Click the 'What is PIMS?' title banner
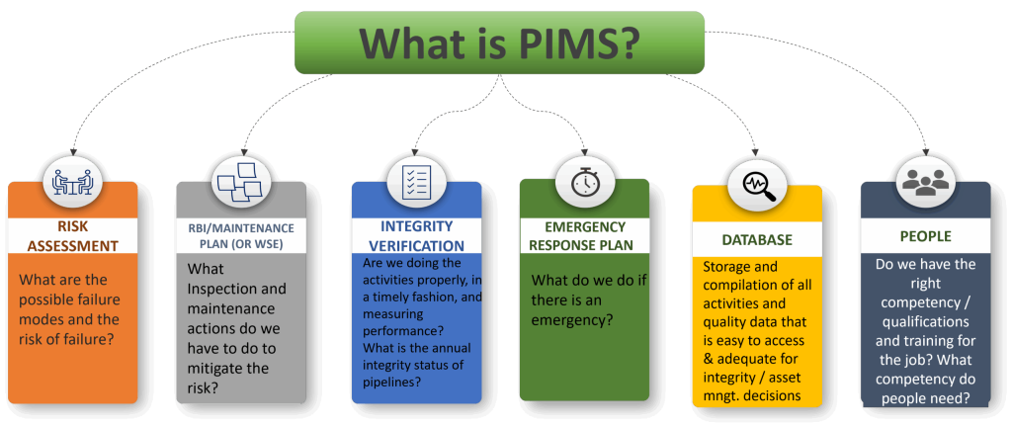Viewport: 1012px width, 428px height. (x=499, y=42)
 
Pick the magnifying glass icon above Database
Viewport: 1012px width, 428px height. (x=756, y=184)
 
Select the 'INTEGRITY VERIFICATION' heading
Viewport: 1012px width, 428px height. (x=417, y=235)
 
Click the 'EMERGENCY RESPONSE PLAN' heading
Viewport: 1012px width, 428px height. (x=584, y=236)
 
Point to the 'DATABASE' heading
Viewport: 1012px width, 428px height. (x=758, y=240)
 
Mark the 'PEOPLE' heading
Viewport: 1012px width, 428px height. (x=925, y=237)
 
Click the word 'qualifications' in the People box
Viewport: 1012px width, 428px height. (x=919, y=321)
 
